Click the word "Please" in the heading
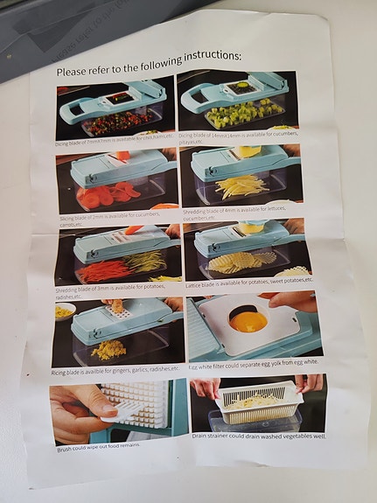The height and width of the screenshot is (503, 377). [x=74, y=73]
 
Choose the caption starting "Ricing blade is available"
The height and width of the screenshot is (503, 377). [x=115, y=371]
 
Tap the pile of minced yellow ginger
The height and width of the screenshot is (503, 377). [x=109, y=349]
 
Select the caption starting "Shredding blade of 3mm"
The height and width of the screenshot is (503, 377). [x=114, y=291]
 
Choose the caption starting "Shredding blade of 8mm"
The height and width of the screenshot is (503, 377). [x=237, y=213]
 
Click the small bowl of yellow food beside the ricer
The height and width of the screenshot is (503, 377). [x=64, y=311]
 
